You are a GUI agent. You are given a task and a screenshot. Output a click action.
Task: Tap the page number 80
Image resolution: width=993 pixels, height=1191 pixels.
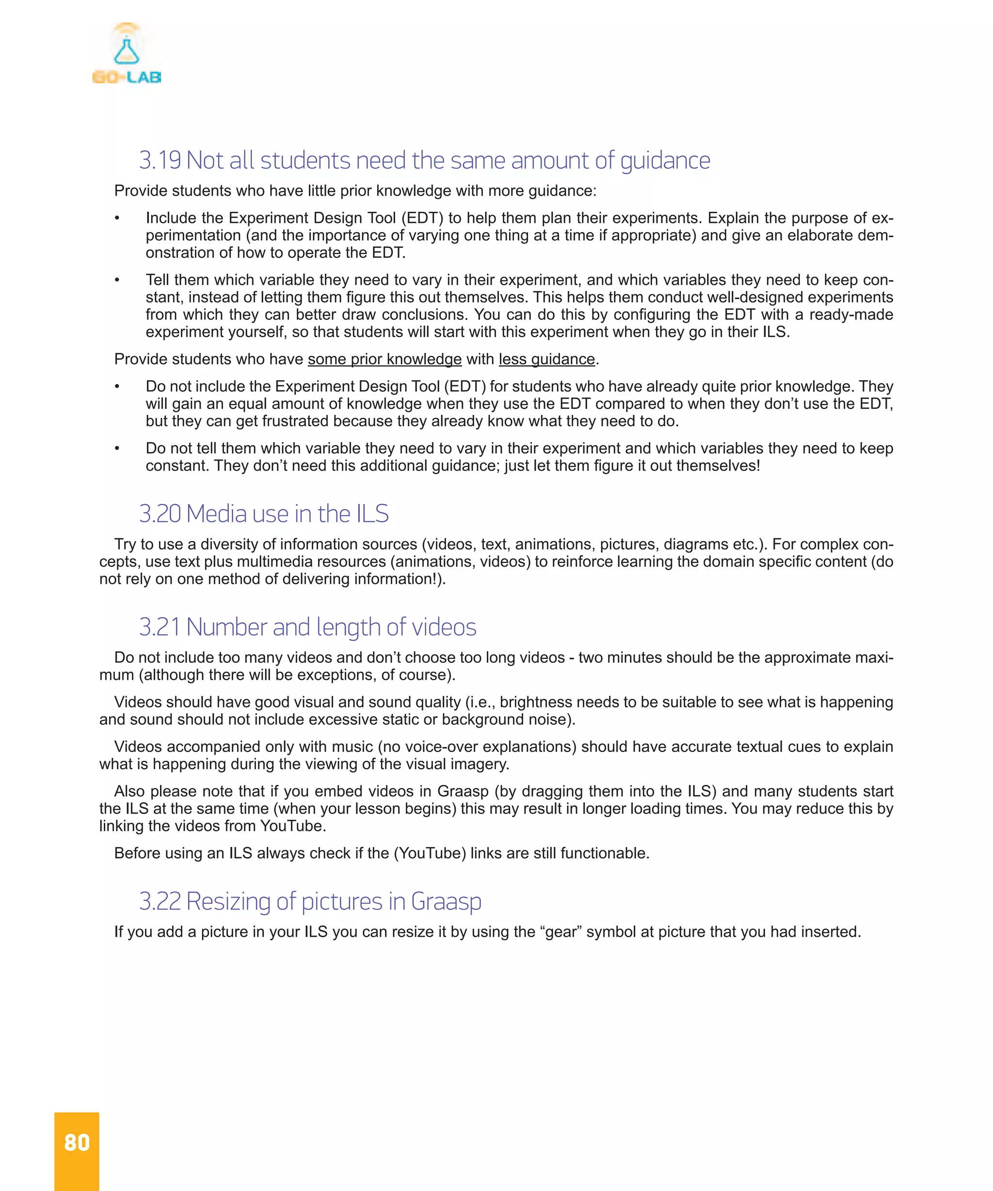pos(77,1142)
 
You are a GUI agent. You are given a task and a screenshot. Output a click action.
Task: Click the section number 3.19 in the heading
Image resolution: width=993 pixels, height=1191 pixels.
pos(160,160)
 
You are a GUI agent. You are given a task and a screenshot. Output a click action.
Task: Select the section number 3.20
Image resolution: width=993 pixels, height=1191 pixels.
pos(160,514)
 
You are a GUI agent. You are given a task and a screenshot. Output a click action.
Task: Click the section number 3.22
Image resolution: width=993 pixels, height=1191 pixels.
pos(160,901)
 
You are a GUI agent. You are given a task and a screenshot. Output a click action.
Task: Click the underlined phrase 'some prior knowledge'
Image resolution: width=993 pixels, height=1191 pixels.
pos(384,359)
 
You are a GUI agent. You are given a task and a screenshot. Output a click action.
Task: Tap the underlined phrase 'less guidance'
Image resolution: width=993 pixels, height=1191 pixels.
pos(546,359)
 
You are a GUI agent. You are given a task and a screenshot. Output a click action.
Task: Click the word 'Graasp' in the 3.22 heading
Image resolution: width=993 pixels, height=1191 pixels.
pos(446,901)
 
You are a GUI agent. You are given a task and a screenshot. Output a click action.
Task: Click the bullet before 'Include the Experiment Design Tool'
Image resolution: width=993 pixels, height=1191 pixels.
pos(117,219)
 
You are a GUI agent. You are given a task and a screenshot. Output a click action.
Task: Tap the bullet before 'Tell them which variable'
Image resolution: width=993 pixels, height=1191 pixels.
pos(117,280)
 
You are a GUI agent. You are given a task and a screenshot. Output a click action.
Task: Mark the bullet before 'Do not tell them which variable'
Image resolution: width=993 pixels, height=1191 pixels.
pos(117,449)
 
